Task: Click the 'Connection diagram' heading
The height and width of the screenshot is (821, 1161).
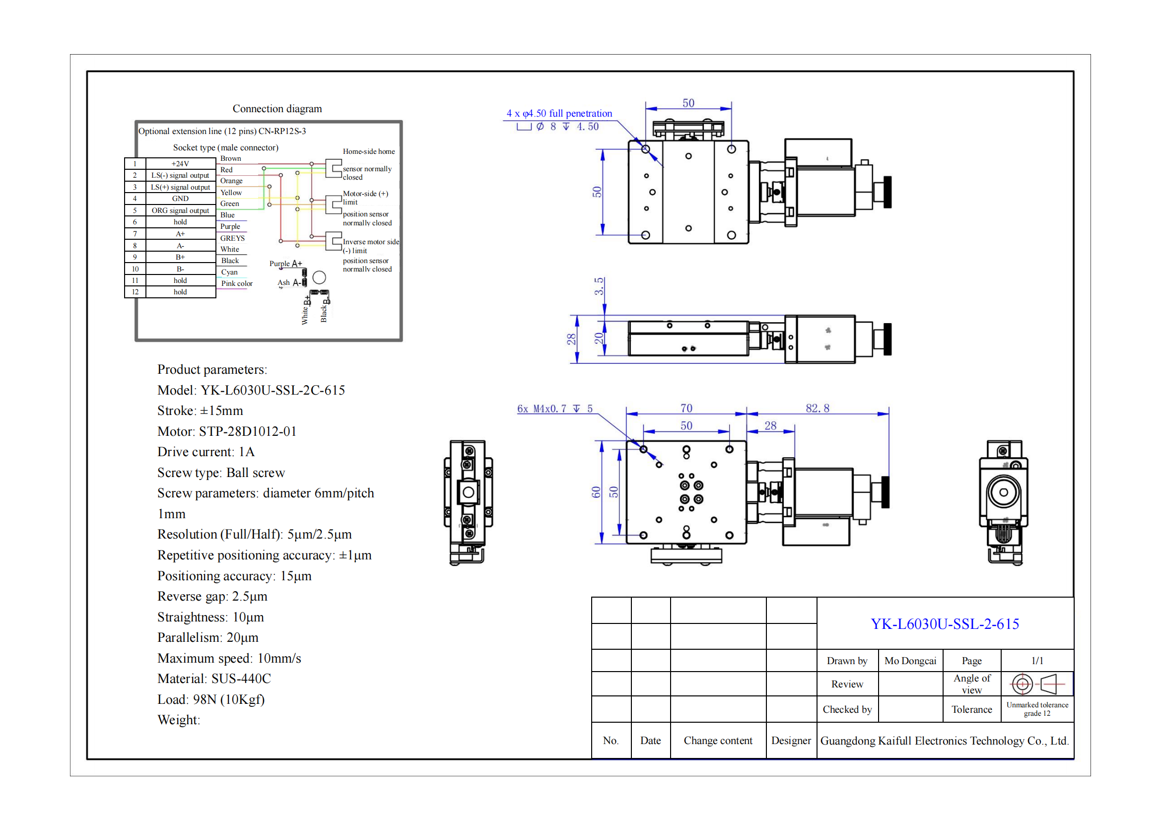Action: [276, 109]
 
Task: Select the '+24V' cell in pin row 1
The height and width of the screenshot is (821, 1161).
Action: [180, 164]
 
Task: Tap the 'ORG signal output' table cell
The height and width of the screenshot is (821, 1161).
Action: [180, 210]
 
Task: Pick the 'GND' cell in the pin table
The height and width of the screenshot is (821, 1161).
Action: [180, 199]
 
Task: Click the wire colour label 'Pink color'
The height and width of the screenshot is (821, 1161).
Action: [237, 283]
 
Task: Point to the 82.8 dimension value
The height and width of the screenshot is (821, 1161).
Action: [817, 408]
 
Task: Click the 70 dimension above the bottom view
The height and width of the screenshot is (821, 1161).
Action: [685, 408]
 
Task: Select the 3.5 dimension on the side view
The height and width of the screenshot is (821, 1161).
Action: [599, 286]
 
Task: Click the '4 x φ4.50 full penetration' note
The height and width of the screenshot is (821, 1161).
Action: [559, 113]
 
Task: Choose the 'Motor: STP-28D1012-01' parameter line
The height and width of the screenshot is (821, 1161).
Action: [226, 431]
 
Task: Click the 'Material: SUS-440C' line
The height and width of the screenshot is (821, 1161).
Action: [214, 679]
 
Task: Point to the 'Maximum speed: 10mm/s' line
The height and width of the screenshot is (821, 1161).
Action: [228, 658]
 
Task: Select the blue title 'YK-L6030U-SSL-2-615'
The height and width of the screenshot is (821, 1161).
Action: [944, 624]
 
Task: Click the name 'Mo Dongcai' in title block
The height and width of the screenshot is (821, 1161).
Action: [910, 661]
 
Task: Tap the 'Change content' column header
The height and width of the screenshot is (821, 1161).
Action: [718, 741]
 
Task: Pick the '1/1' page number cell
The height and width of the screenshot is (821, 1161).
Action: [1037, 661]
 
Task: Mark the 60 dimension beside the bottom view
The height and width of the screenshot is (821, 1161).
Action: [596, 492]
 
